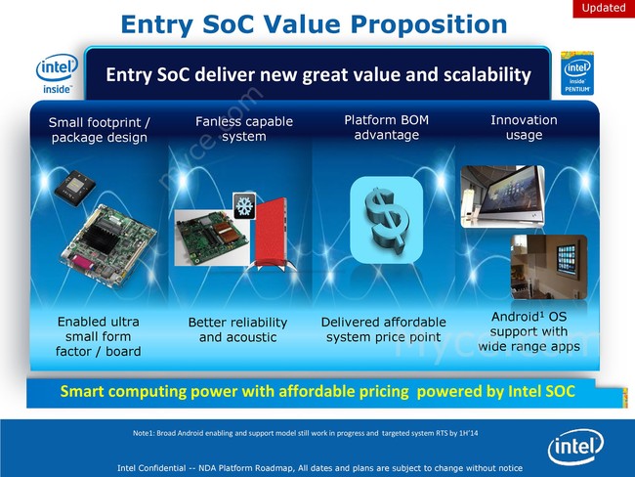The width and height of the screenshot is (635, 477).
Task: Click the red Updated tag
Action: tap(604, 8)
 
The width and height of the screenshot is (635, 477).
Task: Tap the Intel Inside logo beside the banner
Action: tap(57, 73)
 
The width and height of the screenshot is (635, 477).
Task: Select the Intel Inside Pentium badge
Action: tap(577, 73)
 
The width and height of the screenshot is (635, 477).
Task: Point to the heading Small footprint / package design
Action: tap(100, 130)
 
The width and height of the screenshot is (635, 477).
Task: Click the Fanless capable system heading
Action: tap(244, 128)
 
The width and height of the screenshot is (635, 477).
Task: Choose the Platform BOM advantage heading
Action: tap(386, 127)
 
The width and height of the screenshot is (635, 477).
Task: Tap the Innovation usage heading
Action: tap(524, 127)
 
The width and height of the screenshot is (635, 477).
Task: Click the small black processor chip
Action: tap(75, 188)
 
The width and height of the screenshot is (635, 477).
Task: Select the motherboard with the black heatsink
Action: tap(108, 246)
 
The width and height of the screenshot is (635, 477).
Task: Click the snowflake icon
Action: tap(244, 205)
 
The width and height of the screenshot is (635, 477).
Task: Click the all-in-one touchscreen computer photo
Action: tap(502, 196)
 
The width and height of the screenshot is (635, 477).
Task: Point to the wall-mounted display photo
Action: tap(549, 267)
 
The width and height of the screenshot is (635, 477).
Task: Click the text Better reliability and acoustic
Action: tap(237, 329)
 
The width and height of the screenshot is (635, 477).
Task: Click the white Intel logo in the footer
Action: tap(575, 446)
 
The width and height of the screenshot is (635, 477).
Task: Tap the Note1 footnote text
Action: tap(306, 433)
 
